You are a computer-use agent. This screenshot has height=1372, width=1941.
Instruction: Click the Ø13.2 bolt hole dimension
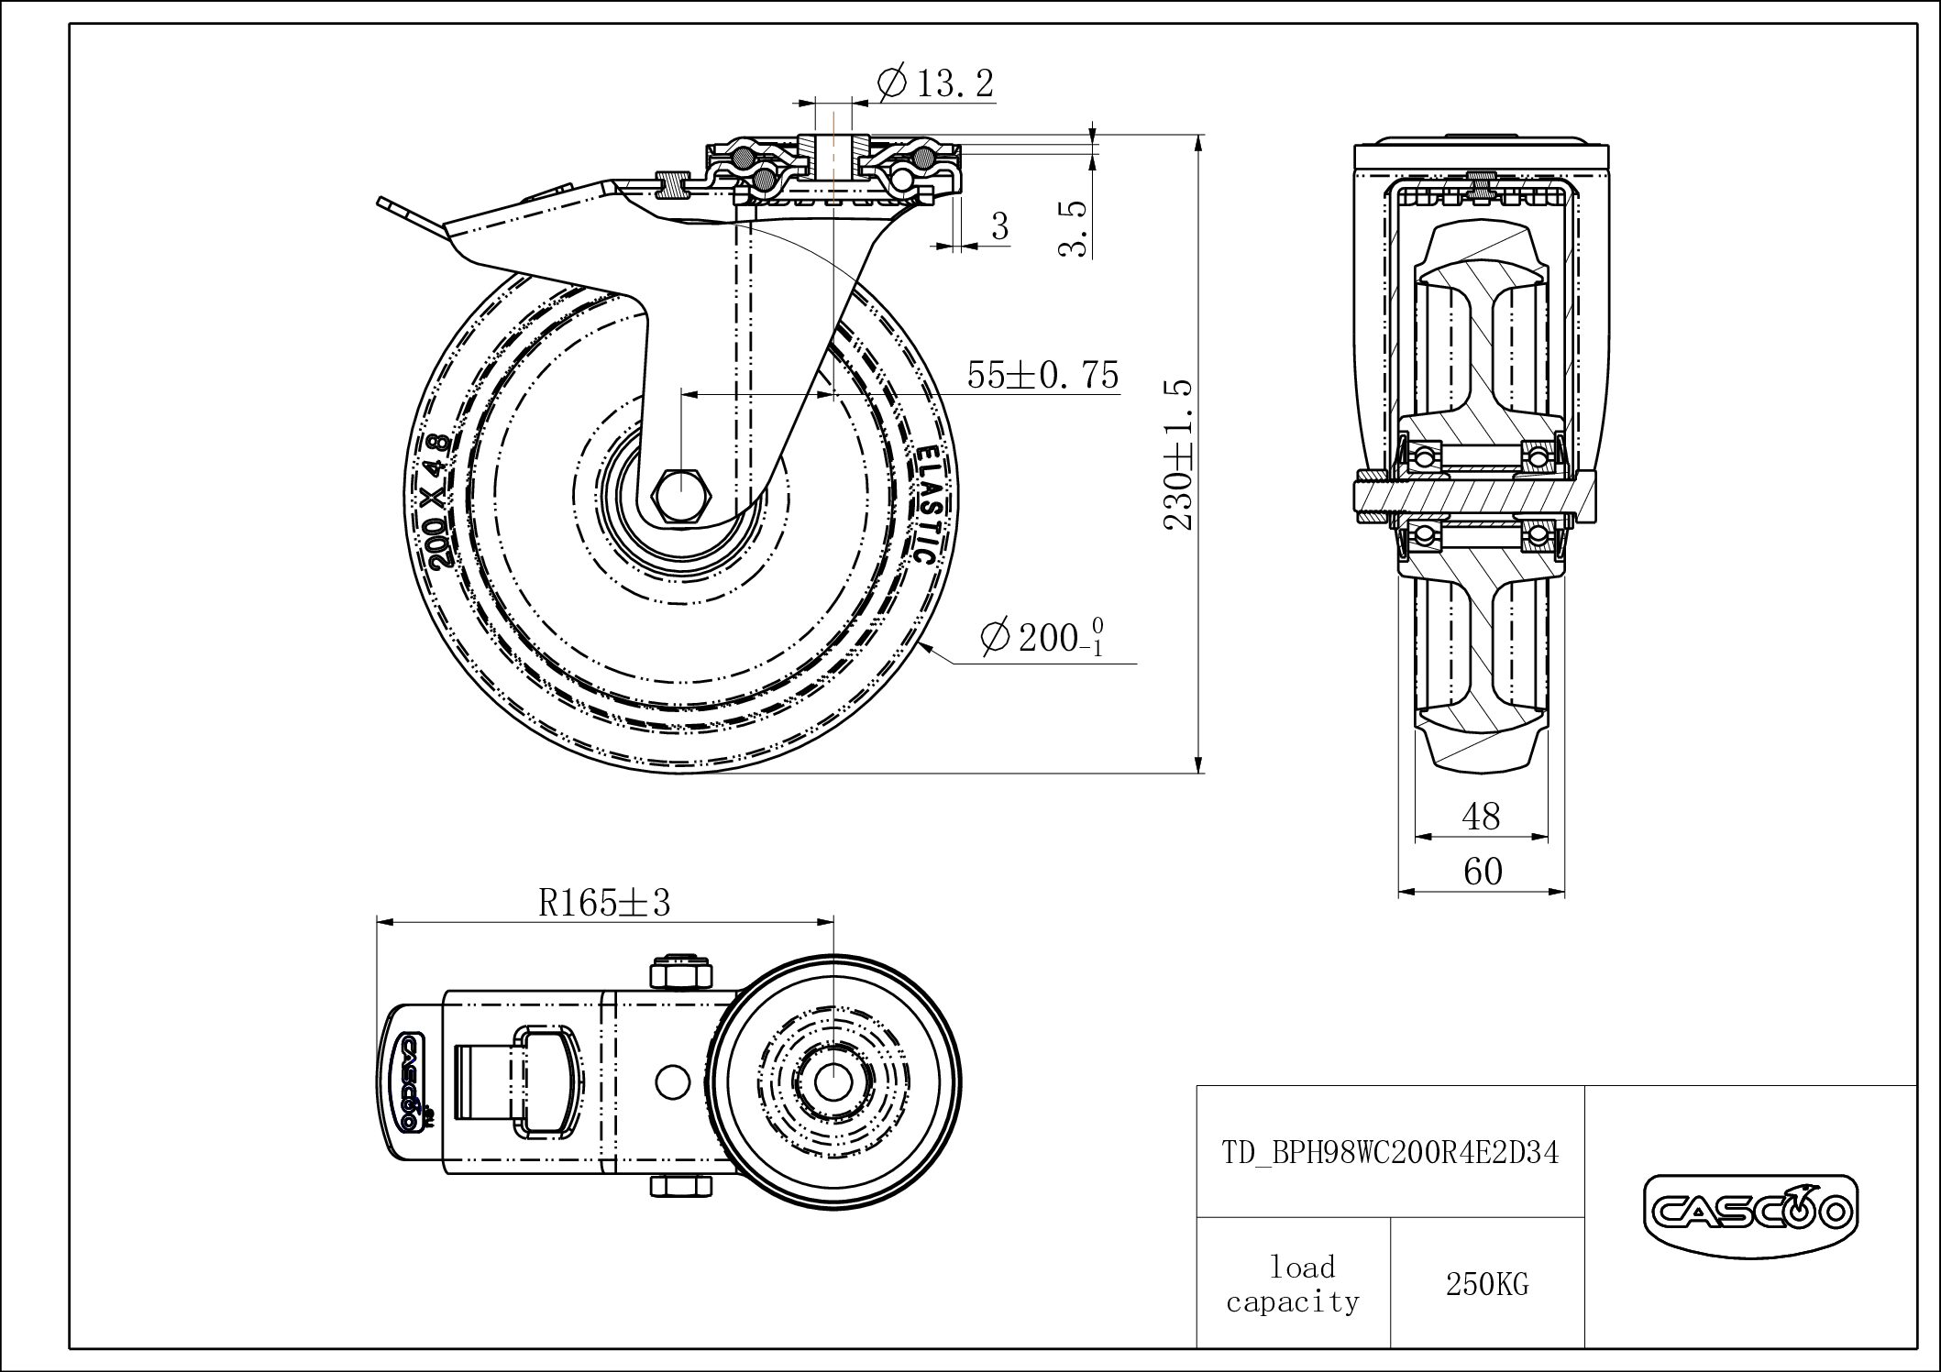(x=935, y=84)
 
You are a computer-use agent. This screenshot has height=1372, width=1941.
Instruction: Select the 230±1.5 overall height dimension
(x=1179, y=456)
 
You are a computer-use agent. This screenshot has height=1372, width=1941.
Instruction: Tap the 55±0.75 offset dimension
(x=1042, y=375)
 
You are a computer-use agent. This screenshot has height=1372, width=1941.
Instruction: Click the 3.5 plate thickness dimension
(x=1075, y=229)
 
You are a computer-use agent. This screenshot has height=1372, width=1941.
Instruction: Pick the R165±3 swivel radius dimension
(x=604, y=903)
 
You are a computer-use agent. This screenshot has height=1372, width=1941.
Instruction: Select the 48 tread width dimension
(x=1481, y=816)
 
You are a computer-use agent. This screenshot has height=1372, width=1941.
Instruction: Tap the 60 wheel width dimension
(x=1482, y=872)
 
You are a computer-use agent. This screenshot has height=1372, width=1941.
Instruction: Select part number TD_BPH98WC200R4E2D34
(x=1390, y=1152)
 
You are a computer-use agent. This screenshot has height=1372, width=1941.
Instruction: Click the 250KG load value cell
(x=1487, y=1285)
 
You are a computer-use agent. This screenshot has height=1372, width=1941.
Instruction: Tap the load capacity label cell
(x=1293, y=1285)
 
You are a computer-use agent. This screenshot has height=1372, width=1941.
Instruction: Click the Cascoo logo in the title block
(x=1749, y=1213)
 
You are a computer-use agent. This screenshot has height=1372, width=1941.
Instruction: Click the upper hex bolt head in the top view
(x=679, y=972)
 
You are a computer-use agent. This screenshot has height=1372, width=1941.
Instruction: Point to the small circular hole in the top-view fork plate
(x=674, y=1081)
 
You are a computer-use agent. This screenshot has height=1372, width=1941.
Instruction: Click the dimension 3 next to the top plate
(x=999, y=225)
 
